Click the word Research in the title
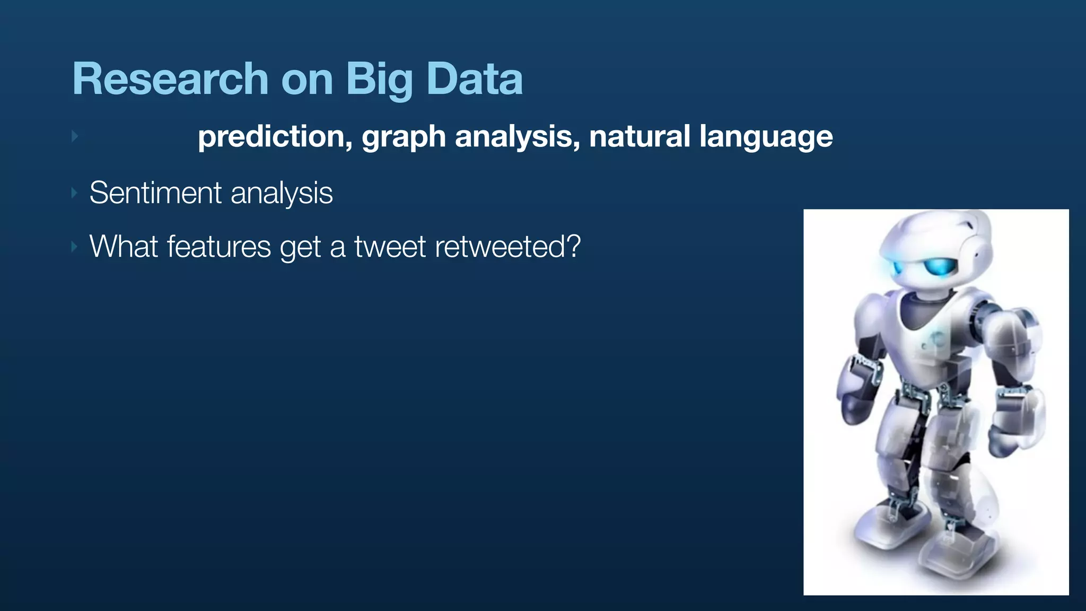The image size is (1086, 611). [x=170, y=80]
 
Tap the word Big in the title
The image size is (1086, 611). [x=379, y=80]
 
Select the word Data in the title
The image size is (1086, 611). [x=475, y=80]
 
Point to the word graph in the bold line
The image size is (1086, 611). [x=404, y=137]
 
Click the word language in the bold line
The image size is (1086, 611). [x=766, y=137]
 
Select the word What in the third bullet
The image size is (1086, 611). [x=124, y=247]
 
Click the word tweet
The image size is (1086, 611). [x=390, y=247]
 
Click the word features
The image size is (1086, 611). [x=219, y=247]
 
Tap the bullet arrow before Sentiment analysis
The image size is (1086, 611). [x=74, y=193]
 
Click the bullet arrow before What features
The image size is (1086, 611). [x=74, y=247]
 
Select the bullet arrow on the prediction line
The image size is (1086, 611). [x=75, y=136]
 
